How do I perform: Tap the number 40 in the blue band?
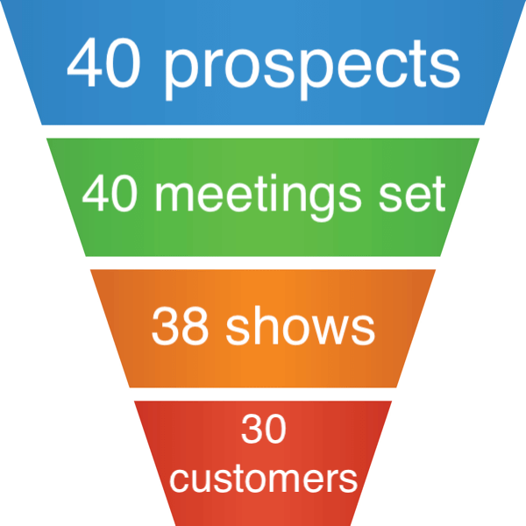pos(103,63)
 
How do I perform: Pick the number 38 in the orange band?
pos(181,327)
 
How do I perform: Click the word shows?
pos(300,327)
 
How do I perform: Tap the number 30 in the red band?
pos(263,431)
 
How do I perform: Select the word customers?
pos(263,478)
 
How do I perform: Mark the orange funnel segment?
pos(263,368)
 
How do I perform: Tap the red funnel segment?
pos(263,508)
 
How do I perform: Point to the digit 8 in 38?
pos(196,327)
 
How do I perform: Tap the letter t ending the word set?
pos(438,194)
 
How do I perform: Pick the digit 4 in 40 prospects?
pos(85,63)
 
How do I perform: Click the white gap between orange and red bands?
pos(263,394)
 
